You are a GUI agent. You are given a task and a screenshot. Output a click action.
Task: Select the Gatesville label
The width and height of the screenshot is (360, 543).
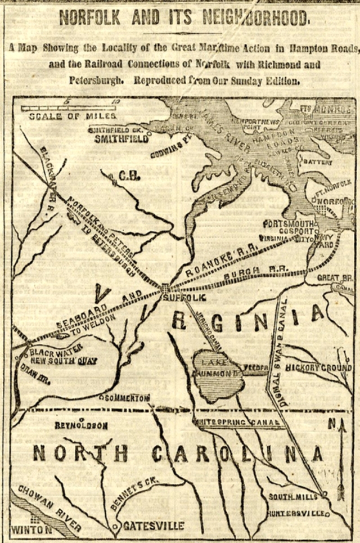pos(153,526)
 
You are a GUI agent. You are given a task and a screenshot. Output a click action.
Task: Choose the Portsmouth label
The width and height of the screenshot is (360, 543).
pos(287,222)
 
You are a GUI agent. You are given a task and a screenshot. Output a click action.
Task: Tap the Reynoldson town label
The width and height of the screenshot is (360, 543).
pos(80,426)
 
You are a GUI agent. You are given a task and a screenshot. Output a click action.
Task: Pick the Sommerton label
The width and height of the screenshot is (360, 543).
pos(128,398)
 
